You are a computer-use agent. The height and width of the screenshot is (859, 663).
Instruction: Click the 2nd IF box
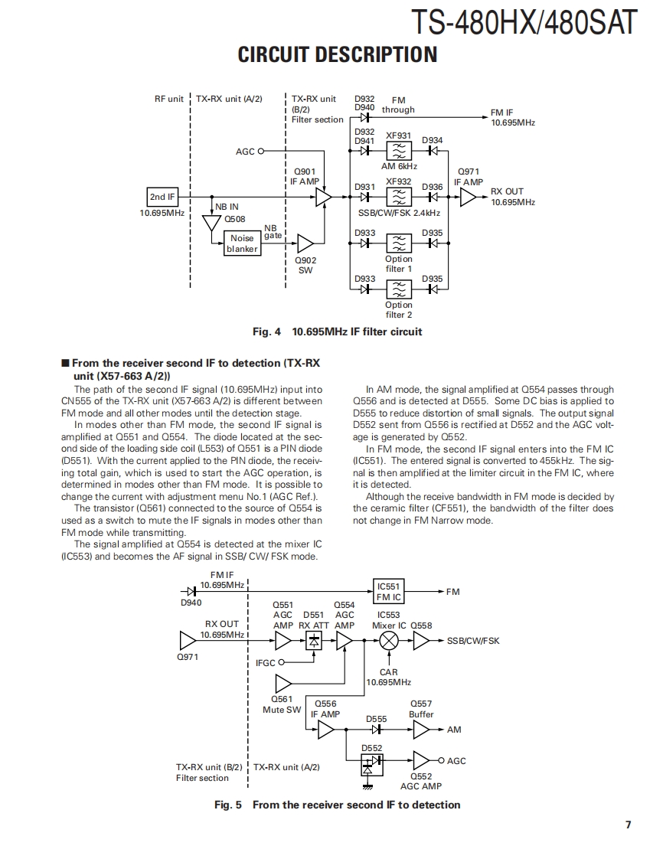[162, 198]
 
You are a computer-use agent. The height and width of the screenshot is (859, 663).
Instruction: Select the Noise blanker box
[242, 243]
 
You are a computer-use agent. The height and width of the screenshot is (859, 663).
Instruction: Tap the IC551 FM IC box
[389, 592]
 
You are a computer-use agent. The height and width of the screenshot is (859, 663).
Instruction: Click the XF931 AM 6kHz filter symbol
[399, 151]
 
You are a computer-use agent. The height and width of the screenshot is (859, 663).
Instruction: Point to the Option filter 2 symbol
[399, 289]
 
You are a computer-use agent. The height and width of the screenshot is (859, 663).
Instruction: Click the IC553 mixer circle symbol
[390, 641]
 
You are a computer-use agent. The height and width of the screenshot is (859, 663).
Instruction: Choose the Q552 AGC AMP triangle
[421, 760]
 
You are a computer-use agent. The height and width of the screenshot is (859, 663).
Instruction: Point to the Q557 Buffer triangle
[421, 730]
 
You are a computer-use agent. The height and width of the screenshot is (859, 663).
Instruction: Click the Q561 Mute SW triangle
[283, 682]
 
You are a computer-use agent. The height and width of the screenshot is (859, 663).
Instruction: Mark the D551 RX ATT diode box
[313, 641]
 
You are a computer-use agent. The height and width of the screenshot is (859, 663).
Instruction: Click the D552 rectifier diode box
[371, 762]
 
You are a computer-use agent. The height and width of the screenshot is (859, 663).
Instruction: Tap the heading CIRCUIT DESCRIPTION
[338, 55]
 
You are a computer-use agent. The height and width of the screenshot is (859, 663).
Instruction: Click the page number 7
[628, 825]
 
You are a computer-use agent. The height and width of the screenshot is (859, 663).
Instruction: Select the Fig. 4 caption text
[337, 332]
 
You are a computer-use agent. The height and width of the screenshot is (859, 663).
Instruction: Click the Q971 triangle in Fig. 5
[187, 641]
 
